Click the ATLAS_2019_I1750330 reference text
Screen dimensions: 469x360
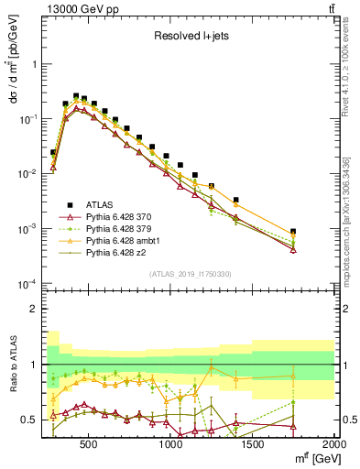click(x=190, y=274)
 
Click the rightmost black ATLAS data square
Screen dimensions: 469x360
click(x=293, y=232)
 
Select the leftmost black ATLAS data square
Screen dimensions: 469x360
click(x=54, y=152)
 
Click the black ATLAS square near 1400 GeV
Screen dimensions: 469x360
click(x=235, y=200)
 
